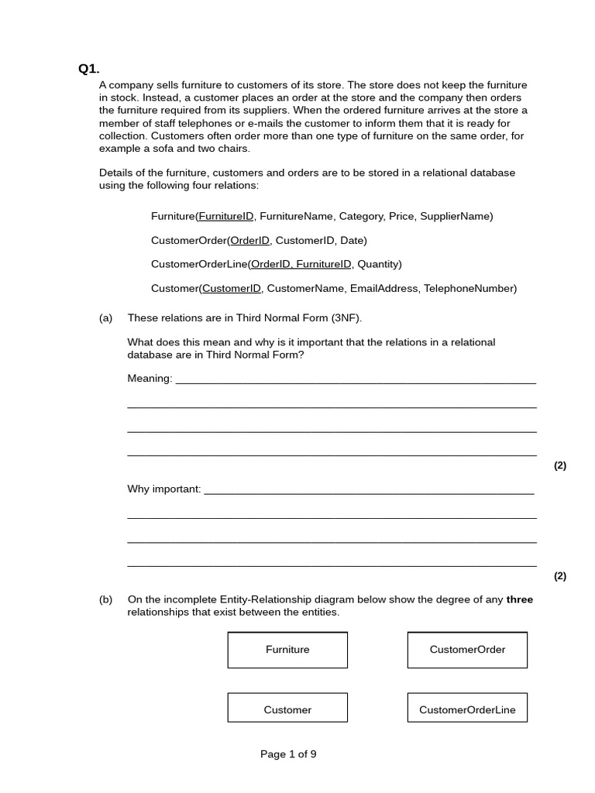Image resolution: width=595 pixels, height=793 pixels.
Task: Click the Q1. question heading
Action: [88, 69]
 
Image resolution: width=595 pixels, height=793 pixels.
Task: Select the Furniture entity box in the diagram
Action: [287, 650]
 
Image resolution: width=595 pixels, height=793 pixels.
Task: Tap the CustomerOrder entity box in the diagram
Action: [467, 650]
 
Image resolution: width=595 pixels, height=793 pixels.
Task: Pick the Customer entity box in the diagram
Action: [287, 709]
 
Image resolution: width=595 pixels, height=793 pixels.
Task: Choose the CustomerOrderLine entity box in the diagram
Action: [467, 709]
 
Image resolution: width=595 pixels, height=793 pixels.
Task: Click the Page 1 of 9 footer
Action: [288, 754]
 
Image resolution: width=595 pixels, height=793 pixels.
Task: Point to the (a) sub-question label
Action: [106, 318]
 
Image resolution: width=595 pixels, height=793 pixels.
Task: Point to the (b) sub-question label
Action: [106, 599]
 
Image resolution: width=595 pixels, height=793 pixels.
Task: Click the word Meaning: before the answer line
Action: [150, 379]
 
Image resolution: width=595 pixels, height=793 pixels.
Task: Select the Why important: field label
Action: [164, 489]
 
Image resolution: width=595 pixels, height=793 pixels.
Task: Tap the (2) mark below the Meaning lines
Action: [559, 465]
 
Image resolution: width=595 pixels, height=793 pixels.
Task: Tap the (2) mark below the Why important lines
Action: [559, 576]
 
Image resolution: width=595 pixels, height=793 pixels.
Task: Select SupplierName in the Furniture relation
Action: [455, 217]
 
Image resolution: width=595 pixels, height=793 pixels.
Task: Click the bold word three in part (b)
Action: [519, 599]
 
